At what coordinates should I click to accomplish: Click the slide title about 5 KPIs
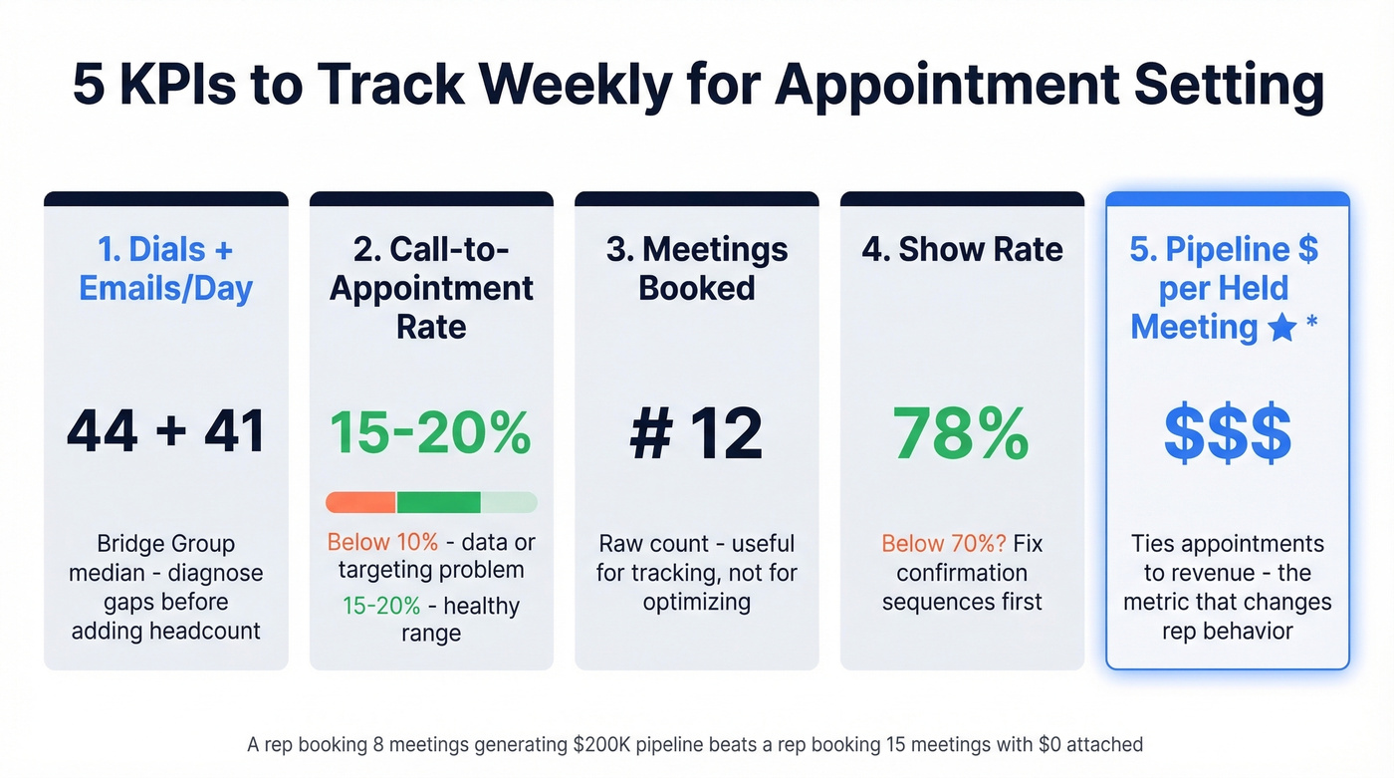click(x=697, y=86)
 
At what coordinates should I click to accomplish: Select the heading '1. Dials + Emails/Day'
click(x=166, y=269)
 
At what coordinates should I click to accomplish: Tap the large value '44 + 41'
click(x=166, y=432)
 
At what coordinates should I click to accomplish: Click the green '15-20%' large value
click(x=431, y=432)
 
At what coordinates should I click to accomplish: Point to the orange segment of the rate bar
click(x=360, y=502)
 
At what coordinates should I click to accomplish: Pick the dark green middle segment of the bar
click(x=439, y=502)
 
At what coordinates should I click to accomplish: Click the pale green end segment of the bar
click(x=509, y=502)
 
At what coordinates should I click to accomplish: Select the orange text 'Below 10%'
click(x=382, y=543)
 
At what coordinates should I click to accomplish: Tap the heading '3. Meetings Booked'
click(x=697, y=269)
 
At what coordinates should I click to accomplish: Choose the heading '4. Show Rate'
click(x=962, y=250)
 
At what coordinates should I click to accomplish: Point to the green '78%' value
click(x=962, y=432)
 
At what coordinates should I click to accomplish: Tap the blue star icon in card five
click(x=1282, y=328)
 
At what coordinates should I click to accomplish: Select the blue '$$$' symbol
click(x=1228, y=434)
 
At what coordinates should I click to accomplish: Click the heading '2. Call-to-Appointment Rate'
click(x=431, y=288)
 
